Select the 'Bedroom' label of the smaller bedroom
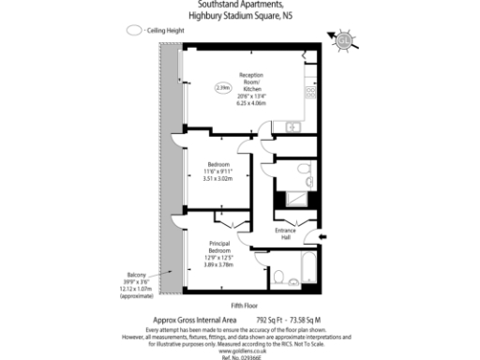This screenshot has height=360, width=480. pyautogui.click(x=217, y=163)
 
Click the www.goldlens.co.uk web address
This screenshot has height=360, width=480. pyautogui.click(x=240, y=350)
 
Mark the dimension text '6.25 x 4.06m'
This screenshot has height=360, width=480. pyautogui.click(x=252, y=102)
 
